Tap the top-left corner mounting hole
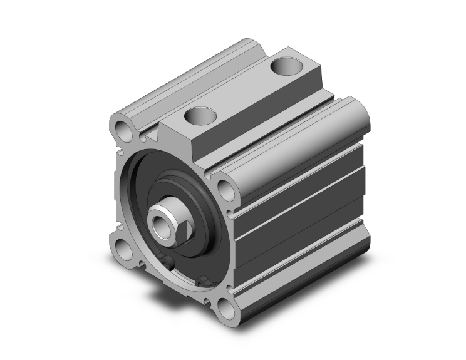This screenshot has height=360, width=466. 123,131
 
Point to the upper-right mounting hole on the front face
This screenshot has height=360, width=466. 223,188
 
